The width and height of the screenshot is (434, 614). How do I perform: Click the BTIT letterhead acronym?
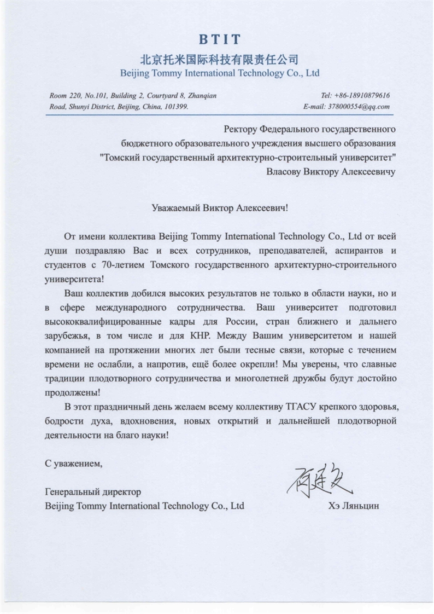(x=219, y=39)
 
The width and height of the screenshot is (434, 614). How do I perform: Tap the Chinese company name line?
(x=219, y=58)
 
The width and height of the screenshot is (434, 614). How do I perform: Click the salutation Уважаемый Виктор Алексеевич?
(x=219, y=208)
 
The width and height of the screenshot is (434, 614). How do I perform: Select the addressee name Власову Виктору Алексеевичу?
(x=330, y=172)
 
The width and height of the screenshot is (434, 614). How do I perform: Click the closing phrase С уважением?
(x=74, y=464)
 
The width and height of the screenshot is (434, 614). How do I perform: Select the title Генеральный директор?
(x=93, y=493)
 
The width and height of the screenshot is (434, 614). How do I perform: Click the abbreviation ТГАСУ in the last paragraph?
(x=300, y=407)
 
